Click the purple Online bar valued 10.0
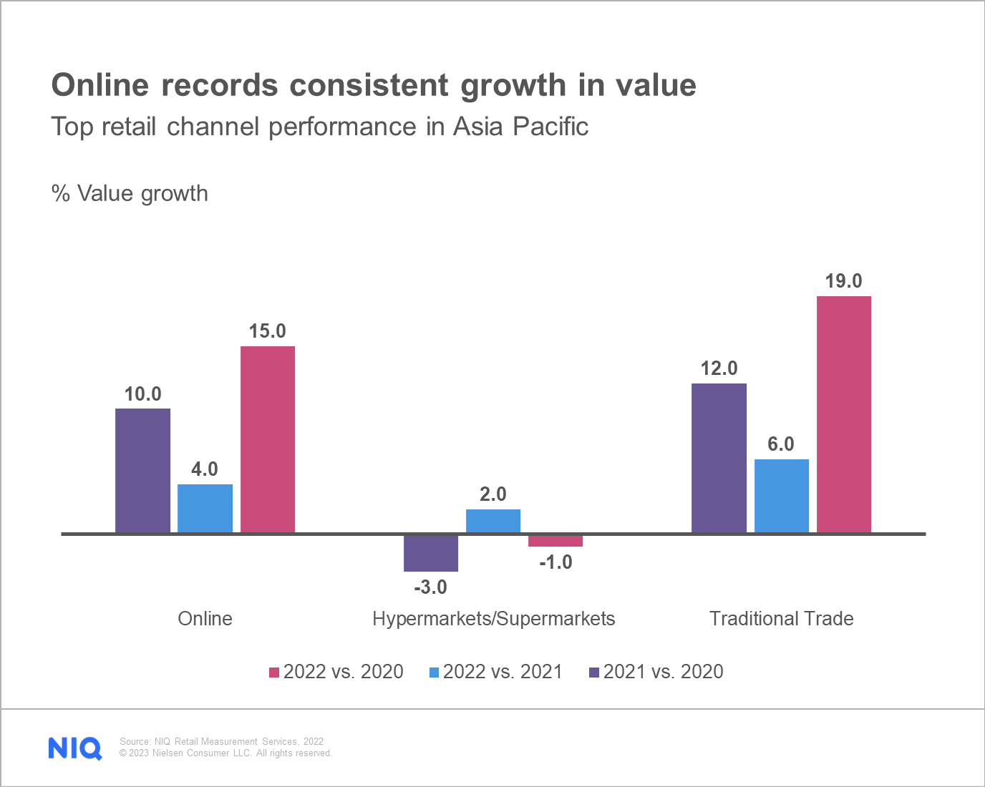click(143, 471)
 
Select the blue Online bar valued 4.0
click(205, 509)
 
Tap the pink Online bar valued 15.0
click(268, 439)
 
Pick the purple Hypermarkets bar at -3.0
click(431, 553)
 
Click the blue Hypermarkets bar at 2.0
click(493, 521)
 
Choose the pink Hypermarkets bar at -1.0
click(555, 541)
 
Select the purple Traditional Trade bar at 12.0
click(719, 458)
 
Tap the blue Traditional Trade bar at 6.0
click(782, 496)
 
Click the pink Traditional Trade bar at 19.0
click(844, 414)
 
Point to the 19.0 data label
click(843, 281)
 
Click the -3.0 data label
click(430, 587)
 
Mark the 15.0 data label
click(267, 331)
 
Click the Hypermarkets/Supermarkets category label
click(493, 619)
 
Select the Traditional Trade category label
click(781, 619)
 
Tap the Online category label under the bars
click(205, 619)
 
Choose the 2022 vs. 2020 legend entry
click(336, 672)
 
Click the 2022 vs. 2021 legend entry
click(496, 672)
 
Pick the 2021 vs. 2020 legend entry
click(656, 672)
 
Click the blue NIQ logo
click(75, 748)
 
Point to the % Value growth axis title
click(130, 194)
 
